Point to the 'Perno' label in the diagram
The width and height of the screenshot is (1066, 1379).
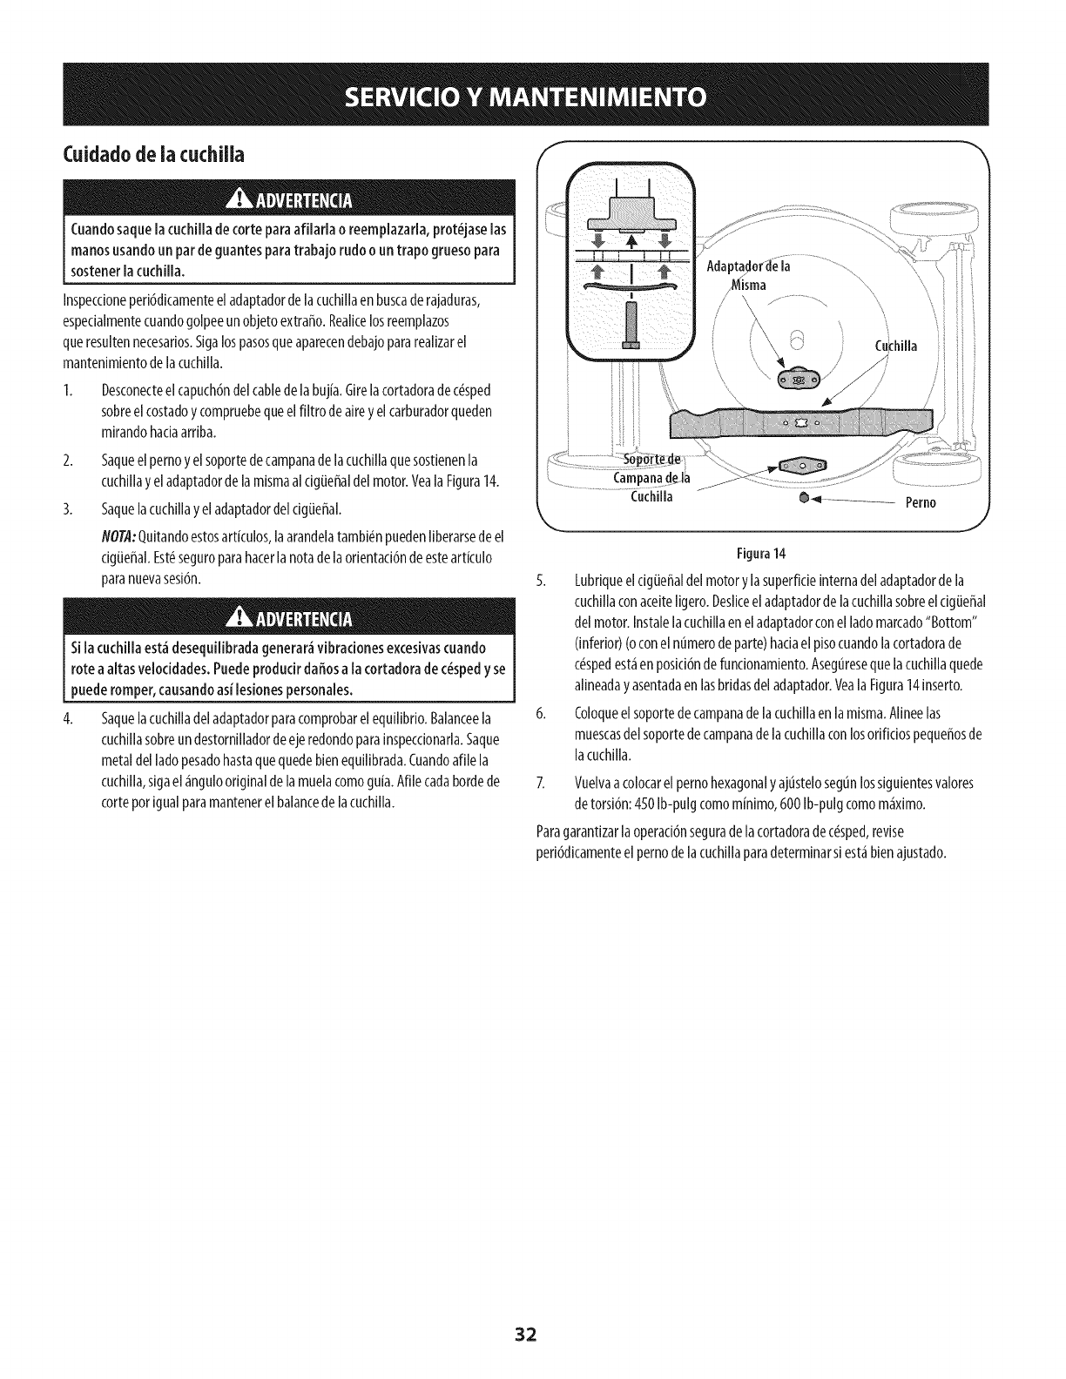point(921,503)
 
